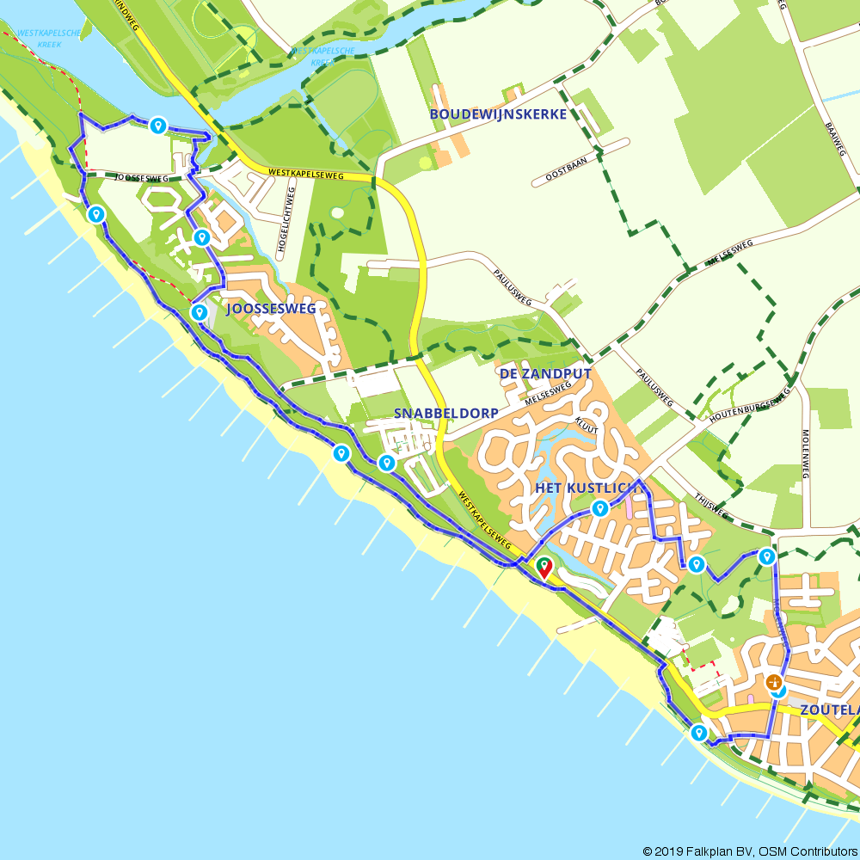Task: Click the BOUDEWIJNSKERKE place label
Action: [498, 114]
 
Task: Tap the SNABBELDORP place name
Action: [446, 414]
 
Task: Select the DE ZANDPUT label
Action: [545, 374]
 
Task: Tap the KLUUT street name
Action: [587, 423]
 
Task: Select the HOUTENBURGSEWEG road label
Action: [748, 403]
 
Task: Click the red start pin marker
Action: [544, 567]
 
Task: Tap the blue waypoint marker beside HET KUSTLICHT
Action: [600, 508]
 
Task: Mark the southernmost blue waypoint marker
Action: [698, 733]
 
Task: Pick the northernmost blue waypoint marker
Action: [157, 126]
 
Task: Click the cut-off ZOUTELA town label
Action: [829, 710]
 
